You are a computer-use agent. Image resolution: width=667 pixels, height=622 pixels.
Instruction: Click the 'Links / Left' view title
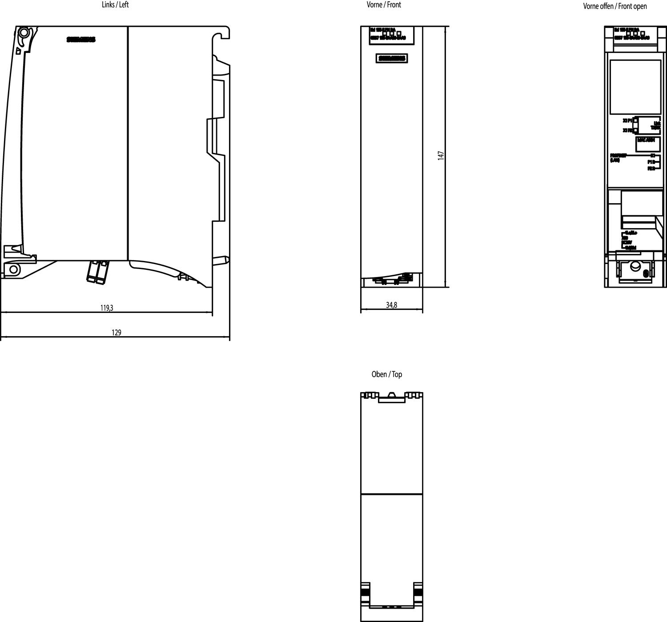115,5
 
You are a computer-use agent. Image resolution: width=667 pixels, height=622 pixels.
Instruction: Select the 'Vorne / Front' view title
384,5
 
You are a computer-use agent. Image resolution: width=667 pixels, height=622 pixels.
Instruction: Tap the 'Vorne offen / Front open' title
615,6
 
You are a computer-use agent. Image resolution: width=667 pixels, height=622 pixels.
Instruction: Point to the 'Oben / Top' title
387,374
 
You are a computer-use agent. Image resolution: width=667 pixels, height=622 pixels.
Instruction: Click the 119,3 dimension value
106,308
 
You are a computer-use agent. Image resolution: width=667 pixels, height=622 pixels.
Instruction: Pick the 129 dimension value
116,333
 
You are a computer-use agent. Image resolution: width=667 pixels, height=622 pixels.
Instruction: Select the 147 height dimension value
441,156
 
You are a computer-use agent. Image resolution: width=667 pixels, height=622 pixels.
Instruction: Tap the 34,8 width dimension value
391,305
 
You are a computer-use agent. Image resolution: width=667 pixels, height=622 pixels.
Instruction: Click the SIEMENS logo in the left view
81,40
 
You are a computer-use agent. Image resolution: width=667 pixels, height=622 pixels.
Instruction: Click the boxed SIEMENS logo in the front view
391,58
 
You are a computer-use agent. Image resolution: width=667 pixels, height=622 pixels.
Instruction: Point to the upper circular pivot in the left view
23,32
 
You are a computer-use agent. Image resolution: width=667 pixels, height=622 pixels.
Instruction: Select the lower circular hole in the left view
14,269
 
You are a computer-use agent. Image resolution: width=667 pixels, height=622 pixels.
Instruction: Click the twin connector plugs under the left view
98,271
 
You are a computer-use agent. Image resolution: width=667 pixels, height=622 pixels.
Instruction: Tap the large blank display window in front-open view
635,87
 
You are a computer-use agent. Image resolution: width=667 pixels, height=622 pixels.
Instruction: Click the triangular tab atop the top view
391,394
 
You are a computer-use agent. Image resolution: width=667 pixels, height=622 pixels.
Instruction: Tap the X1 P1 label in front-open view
627,120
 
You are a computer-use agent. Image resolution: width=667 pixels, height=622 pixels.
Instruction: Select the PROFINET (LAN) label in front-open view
618,157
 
